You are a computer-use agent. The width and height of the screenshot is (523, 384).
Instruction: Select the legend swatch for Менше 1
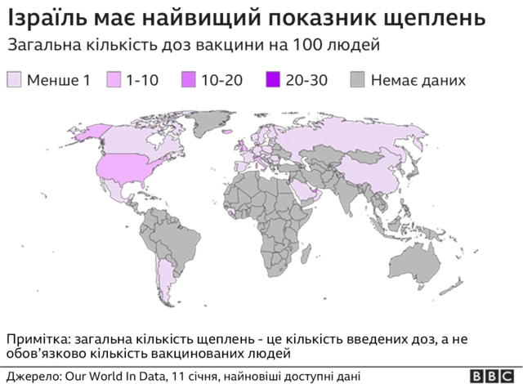[x=15, y=79]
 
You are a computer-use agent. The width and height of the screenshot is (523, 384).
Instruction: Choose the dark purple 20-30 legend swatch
[x=273, y=79]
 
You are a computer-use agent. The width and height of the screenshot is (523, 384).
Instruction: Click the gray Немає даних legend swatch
[x=358, y=79]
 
